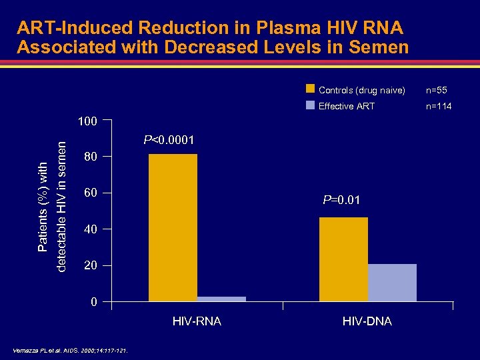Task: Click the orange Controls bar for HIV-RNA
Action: (x=173, y=228)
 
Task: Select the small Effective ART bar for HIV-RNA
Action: (x=222, y=299)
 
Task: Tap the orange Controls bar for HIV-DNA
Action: (x=343, y=259)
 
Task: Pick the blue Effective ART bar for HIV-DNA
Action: (x=392, y=283)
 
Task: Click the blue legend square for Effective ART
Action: (x=310, y=105)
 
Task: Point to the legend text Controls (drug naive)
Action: (x=361, y=90)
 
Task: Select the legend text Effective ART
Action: (x=347, y=106)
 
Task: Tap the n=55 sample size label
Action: (x=437, y=90)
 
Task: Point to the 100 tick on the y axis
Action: (x=87, y=121)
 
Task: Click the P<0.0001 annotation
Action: (x=169, y=140)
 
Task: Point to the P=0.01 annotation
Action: (x=342, y=199)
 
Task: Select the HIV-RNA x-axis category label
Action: (x=197, y=321)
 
